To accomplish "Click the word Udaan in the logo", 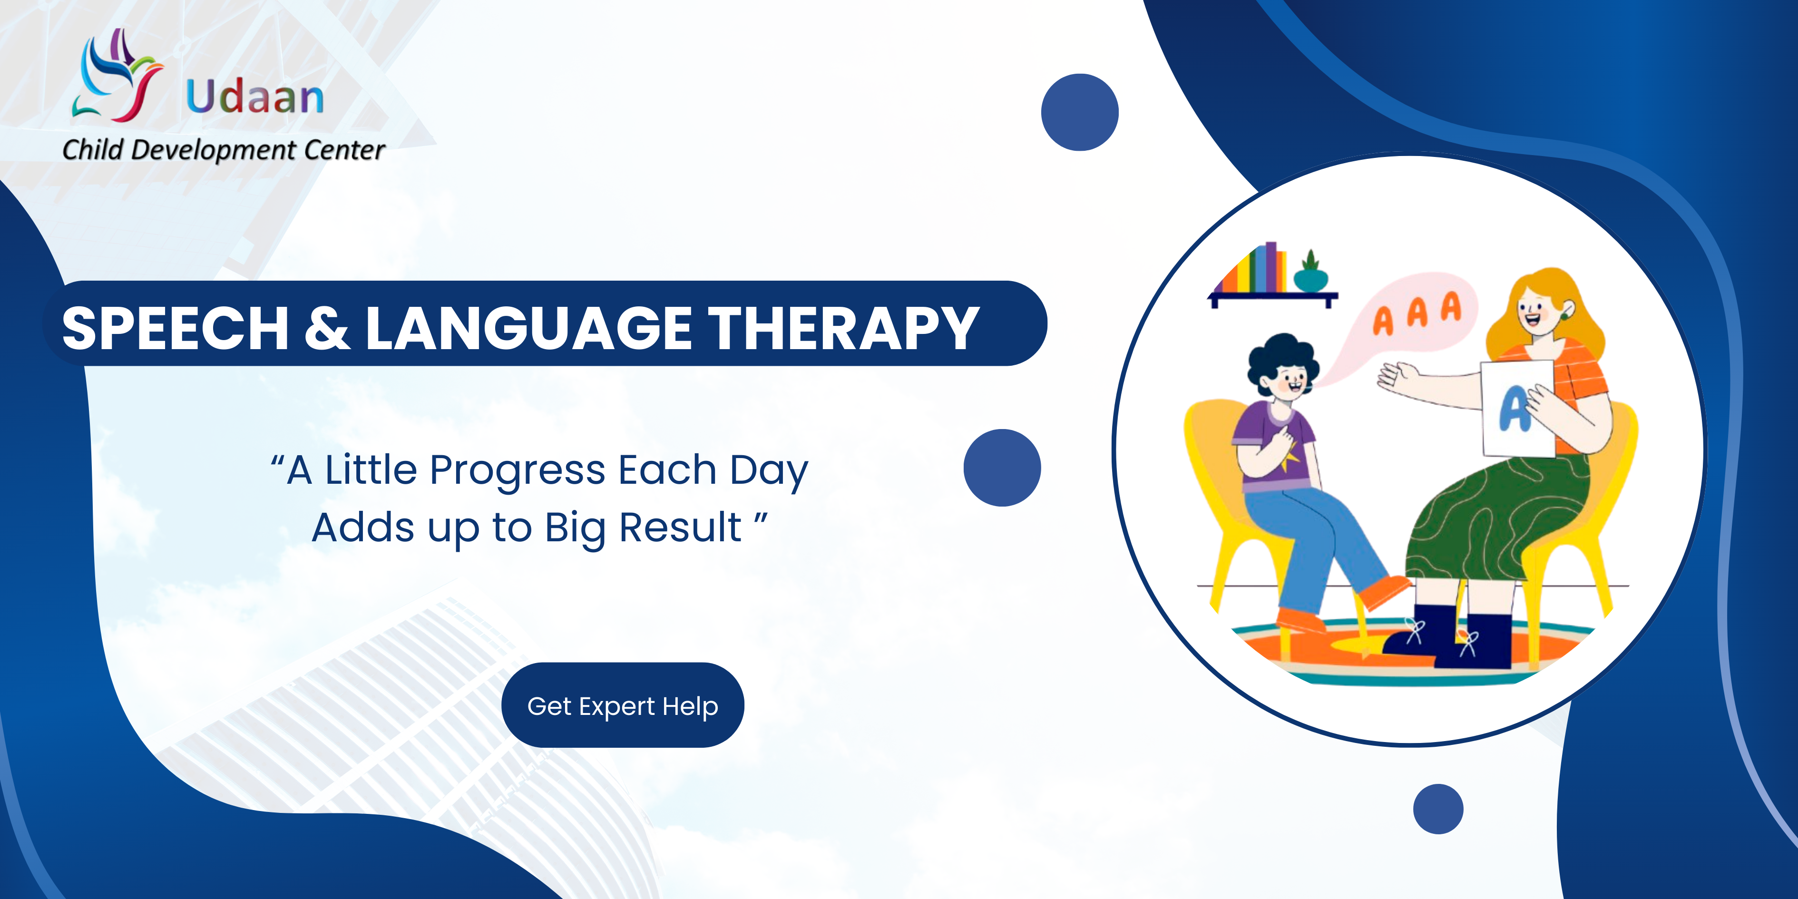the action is pyautogui.click(x=255, y=96).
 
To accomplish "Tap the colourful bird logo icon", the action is pyautogui.click(x=117, y=75).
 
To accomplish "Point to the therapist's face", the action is pyautogui.click(x=1535, y=311).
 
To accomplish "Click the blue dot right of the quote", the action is pyautogui.click(x=1002, y=468).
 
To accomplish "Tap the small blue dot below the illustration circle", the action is pyautogui.click(x=1438, y=809).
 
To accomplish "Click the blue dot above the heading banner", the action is pyautogui.click(x=1080, y=112).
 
